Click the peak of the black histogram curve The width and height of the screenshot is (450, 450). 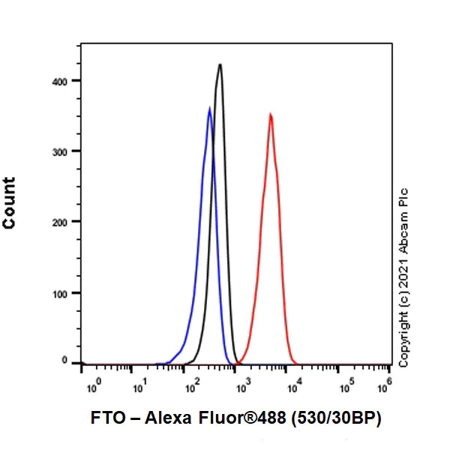click(220, 65)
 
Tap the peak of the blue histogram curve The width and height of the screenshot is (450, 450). click(209, 109)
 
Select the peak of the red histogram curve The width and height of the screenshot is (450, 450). click(270, 115)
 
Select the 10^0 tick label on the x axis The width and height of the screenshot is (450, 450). click(93, 388)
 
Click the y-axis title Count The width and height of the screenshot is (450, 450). click(10, 203)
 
